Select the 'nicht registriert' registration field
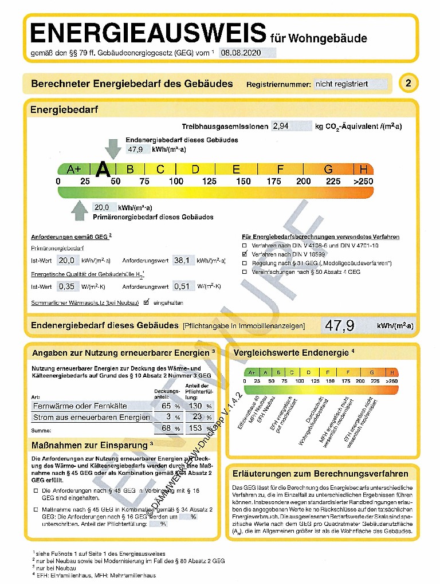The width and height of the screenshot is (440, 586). point(350,84)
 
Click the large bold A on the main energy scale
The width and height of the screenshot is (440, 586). point(103,169)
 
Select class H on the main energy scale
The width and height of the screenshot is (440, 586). point(364,170)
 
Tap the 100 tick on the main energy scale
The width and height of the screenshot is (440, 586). point(176,182)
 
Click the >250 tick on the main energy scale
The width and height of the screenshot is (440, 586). point(363,182)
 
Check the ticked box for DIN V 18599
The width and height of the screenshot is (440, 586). point(245,253)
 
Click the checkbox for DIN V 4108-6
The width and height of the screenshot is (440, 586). point(245,245)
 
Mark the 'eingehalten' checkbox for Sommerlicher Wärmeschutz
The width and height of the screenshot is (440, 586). point(147,302)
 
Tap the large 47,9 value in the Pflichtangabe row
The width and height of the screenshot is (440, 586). point(340,326)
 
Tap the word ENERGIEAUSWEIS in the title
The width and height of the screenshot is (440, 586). point(148,33)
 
